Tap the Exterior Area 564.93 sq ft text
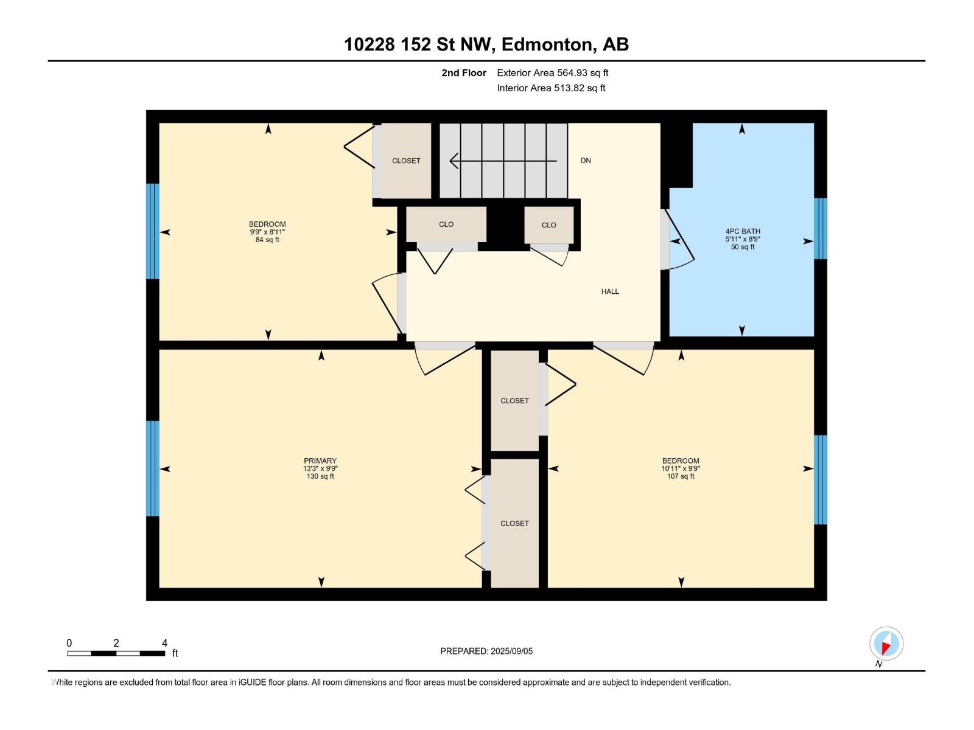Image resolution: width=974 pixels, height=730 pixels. click(552, 73)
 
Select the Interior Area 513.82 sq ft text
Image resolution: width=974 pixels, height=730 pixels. click(551, 88)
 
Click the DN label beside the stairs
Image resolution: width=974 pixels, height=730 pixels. click(586, 161)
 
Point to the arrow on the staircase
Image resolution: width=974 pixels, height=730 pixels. click(503, 161)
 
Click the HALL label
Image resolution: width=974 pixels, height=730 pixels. click(610, 291)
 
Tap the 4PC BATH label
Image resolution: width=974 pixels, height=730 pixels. click(743, 231)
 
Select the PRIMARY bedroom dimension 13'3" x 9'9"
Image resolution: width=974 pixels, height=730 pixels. click(320, 469)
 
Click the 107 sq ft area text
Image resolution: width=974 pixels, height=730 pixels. click(681, 476)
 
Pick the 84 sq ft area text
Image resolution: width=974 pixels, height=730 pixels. click(267, 240)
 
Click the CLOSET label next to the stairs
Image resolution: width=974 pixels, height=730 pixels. click(406, 161)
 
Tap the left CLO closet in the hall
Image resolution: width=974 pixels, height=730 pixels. click(446, 224)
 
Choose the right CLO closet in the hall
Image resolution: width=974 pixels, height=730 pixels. click(548, 225)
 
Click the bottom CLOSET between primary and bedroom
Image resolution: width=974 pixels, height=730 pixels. click(514, 523)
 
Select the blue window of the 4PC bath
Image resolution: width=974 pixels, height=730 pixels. click(821, 229)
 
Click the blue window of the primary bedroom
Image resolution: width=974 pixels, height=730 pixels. click(153, 468)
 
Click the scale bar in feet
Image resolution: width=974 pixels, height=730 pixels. click(116, 653)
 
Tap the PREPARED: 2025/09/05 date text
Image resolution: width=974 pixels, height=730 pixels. click(486, 651)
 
